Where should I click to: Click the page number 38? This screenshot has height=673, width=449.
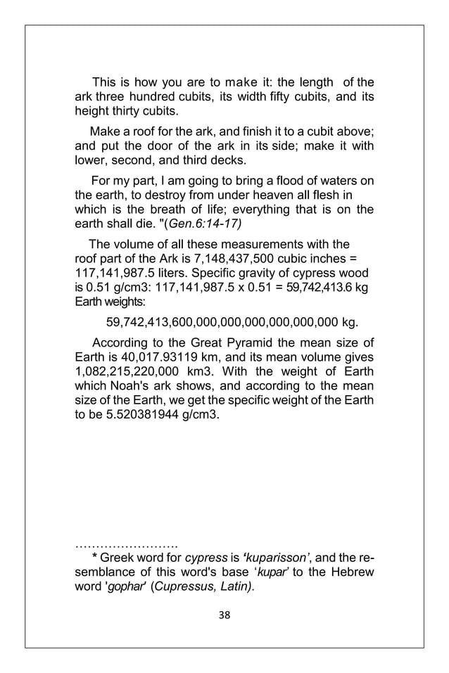coord(224,615)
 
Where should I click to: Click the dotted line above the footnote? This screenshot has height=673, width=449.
coord(126,543)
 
